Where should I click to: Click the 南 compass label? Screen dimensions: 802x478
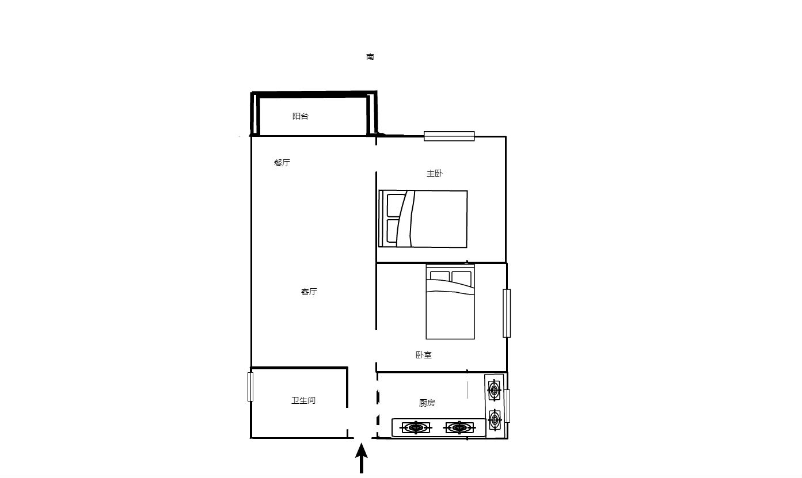pyautogui.click(x=370, y=56)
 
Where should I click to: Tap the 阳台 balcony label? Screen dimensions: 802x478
pyautogui.click(x=300, y=116)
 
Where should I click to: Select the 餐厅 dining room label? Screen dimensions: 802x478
pyautogui.click(x=282, y=163)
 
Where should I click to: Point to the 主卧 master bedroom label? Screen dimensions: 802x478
pyautogui.click(x=434, y=174)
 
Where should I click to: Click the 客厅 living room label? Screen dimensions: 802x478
pyautogui.click(x=309, y=292)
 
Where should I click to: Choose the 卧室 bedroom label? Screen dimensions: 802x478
pyautogui.click(x=424, y=355)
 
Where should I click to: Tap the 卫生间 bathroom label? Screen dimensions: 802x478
pyautogui.click(x=303, y=400)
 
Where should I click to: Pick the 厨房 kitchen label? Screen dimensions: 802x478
pyautogui.click(x=427, y=403)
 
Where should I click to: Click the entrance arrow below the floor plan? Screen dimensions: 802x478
pyautogui.click(x=361, y=458)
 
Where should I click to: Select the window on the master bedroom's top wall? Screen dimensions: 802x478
pyautogui.click(x=449, y=136)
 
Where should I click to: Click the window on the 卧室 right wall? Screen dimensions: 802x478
pyautogui.click(x=507, y=313)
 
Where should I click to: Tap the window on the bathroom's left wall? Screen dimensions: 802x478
pyautogui.click(x=250, y=387)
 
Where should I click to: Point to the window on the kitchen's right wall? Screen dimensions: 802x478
pyautogui.click(x=507, y=406)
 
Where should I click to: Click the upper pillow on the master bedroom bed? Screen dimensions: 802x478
pyautogui.click(x=396, y=205)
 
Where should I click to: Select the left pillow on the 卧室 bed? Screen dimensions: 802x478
pyautogui.click(x=440, y=277)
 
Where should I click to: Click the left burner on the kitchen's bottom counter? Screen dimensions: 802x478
pyautogui.click(x=416, y=427)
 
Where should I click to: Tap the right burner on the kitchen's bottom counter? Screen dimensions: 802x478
pyautogui.click(x=459, y=427)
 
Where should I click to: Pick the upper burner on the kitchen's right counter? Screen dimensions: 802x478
pyautogui.click(x=495, y=391)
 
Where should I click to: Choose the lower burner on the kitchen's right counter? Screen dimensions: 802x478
pyautogui.click(x=495, y=420)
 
